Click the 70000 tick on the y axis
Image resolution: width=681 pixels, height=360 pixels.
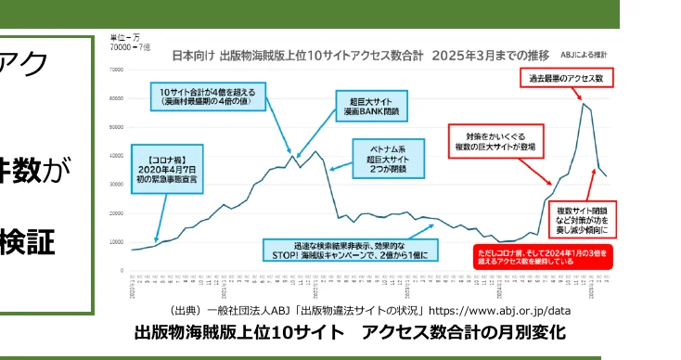click(x=117, y=70)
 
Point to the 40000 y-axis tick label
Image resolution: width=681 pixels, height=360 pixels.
click(x=117, y=156)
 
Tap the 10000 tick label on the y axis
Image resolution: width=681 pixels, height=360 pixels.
click(x=117, y=242)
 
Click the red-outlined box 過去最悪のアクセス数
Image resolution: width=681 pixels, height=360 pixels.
click(x=566, y=79)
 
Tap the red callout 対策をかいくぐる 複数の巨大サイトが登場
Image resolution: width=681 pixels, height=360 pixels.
click(x=495, y=140)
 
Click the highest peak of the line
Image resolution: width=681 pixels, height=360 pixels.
click(x=584, y=104)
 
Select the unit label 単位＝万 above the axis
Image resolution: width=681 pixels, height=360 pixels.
click(x=123, y=36)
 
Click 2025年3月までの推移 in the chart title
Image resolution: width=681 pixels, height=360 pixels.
click(x=495, y=55)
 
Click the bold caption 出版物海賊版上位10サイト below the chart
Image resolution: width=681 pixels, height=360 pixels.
click(x=243, y=332)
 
